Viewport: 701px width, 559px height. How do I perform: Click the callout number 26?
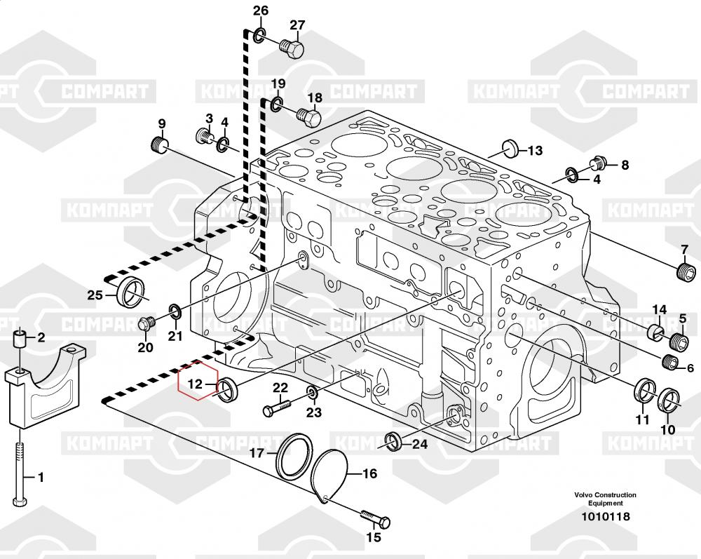point(261,11)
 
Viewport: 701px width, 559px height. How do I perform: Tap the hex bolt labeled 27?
point(292,48)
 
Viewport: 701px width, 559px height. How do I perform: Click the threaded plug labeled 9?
point(158,144)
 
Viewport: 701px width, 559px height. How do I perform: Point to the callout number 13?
point(535,151)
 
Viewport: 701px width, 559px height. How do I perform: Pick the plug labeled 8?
point(598,164)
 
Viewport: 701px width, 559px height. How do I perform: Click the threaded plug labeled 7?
point(686,273)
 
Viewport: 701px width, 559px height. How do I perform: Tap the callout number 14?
point(659,309)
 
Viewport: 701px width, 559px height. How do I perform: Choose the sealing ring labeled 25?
point(130,292)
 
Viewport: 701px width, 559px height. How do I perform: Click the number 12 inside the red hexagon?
point(195,384)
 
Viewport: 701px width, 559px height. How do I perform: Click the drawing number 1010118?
point(606,516)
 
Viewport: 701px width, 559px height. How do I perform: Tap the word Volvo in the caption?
point(583,494)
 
